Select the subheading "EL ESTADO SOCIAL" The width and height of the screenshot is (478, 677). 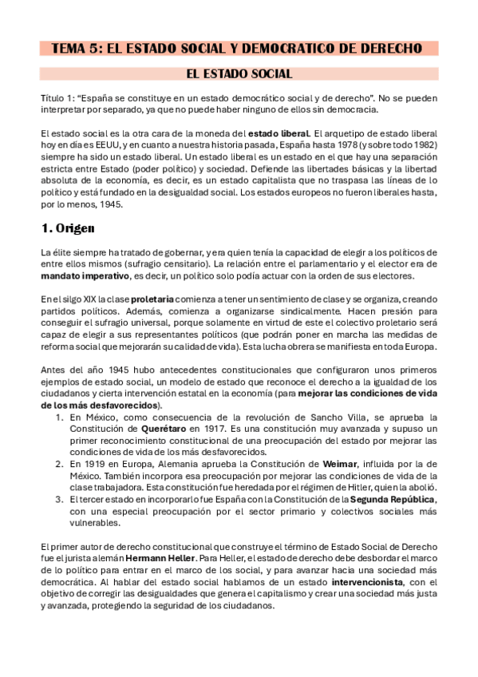click(239, 74)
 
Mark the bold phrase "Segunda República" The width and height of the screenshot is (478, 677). click(391, 500)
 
